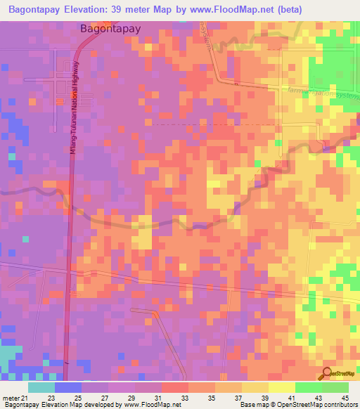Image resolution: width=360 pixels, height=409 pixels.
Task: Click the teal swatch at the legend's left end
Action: coord(41,388)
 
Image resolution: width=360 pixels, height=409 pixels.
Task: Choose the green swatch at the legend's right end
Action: coord(335,388)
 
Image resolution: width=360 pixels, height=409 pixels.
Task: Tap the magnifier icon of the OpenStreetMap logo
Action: coord(327,372)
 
